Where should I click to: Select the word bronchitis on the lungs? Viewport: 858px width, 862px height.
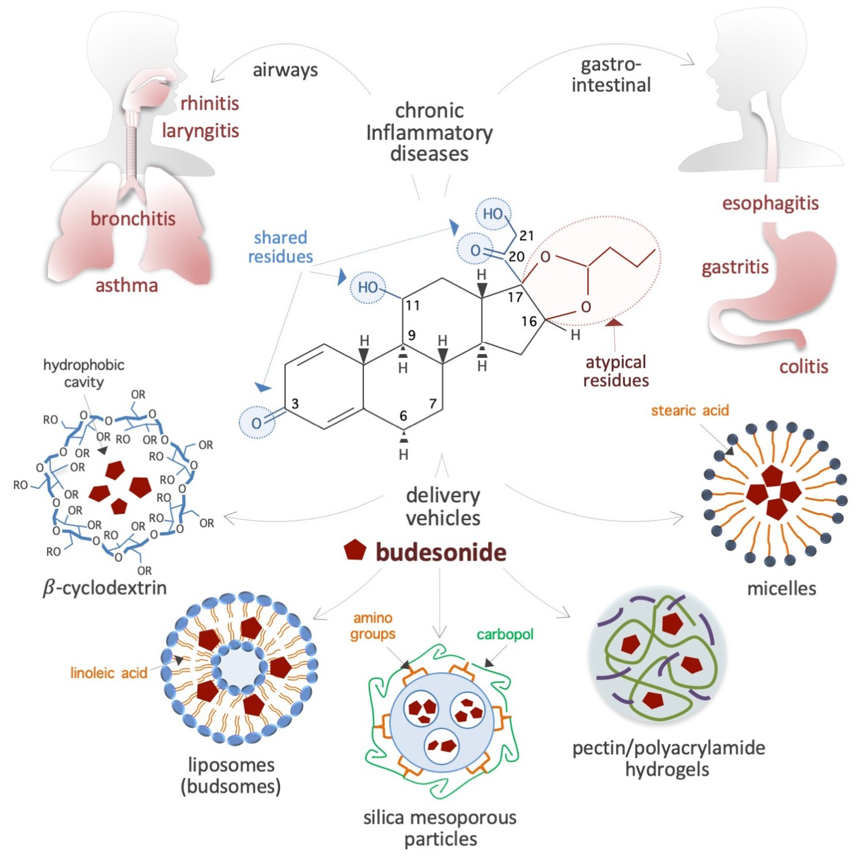133,219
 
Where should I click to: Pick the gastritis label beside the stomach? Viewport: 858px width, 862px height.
735,267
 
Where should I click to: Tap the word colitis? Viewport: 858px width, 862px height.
804,367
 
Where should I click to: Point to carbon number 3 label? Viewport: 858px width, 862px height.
295,404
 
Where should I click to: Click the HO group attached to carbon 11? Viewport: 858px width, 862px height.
368,287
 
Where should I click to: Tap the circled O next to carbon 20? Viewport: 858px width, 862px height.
475,250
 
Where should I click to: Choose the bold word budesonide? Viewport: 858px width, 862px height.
441,552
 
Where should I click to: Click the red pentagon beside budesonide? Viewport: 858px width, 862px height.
355,550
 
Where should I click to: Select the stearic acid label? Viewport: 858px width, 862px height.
689,411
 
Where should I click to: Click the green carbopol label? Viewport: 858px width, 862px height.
505,634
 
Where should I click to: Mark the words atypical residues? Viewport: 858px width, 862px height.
616,371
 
